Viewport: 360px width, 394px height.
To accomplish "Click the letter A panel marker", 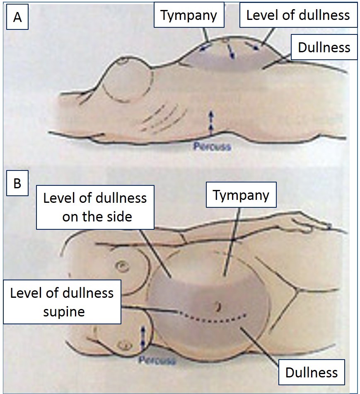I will pos(17,19).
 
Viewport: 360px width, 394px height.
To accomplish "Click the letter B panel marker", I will pos(17,183).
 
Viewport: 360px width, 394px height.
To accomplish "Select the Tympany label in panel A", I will pos(188,16).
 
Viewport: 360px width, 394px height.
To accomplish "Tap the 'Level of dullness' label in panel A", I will pos(298,15).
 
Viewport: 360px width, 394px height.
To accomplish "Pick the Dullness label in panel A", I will pos(324,47).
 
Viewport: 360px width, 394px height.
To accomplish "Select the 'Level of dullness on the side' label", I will pos(95,207).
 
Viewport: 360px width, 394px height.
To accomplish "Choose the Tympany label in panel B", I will pos(241,195).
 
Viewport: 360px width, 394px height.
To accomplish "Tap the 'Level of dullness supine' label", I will pos(62,302).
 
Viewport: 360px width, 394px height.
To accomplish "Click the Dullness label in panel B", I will pos(312,372).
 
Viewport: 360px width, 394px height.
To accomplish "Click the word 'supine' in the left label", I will pos(64,311).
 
